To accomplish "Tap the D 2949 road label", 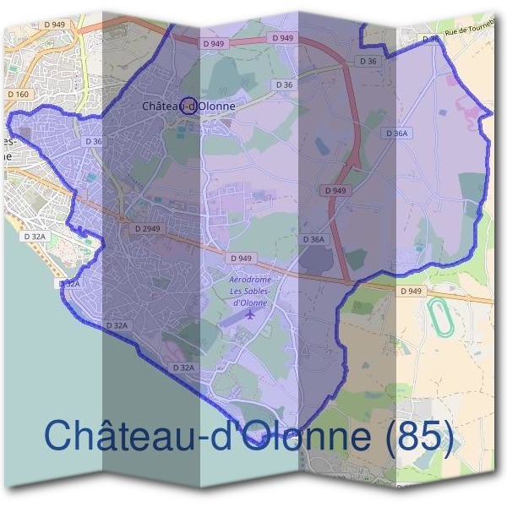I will click(146, 229).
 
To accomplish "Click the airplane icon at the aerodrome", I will click(251, 314).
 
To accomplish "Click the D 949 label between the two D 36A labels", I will click(335, 191).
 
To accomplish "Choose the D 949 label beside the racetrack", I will click(411, 292).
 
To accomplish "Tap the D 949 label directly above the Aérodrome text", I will click(240, 258).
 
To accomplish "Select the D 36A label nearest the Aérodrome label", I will click(313, 240).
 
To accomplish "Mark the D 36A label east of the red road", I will click(396, 134).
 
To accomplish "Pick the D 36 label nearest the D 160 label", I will click(92, 142).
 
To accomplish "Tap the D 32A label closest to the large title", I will click(183, 368).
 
